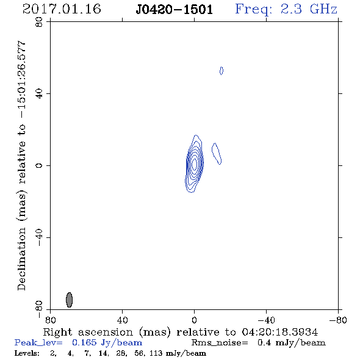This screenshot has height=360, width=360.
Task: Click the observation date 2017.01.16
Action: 62,9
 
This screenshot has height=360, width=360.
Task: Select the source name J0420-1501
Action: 175,9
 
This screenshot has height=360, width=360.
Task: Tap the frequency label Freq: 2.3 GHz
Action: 286,9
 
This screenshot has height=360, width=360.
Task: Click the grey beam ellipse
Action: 69,300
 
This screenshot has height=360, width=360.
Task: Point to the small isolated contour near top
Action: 221,71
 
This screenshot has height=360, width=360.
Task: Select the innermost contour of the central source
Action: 195,164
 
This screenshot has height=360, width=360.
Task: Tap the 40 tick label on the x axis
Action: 123,320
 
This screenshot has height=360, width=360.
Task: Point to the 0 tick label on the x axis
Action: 194,320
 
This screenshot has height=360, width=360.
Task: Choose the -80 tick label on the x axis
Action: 338,320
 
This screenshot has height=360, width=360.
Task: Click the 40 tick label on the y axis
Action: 39,94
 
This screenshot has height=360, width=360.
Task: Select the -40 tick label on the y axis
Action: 39,237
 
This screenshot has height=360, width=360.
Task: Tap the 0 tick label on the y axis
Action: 39,165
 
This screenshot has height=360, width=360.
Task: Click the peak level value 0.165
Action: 84,342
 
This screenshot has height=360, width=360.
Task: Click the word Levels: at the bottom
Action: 27,353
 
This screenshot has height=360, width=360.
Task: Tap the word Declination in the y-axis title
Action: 21,259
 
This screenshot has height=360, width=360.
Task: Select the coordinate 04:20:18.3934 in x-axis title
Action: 280,332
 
